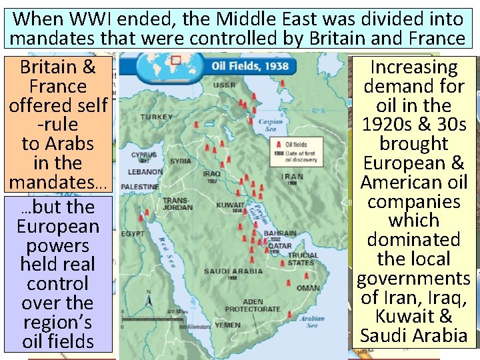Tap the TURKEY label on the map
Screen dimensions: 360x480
157,117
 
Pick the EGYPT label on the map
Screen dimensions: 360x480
133,234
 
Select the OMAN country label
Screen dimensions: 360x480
308,288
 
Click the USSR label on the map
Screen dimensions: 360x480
224,85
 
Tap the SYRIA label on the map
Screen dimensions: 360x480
180,161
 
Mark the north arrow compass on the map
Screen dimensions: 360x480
148,304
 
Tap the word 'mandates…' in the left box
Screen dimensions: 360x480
58,182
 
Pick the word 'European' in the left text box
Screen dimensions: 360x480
58,226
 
